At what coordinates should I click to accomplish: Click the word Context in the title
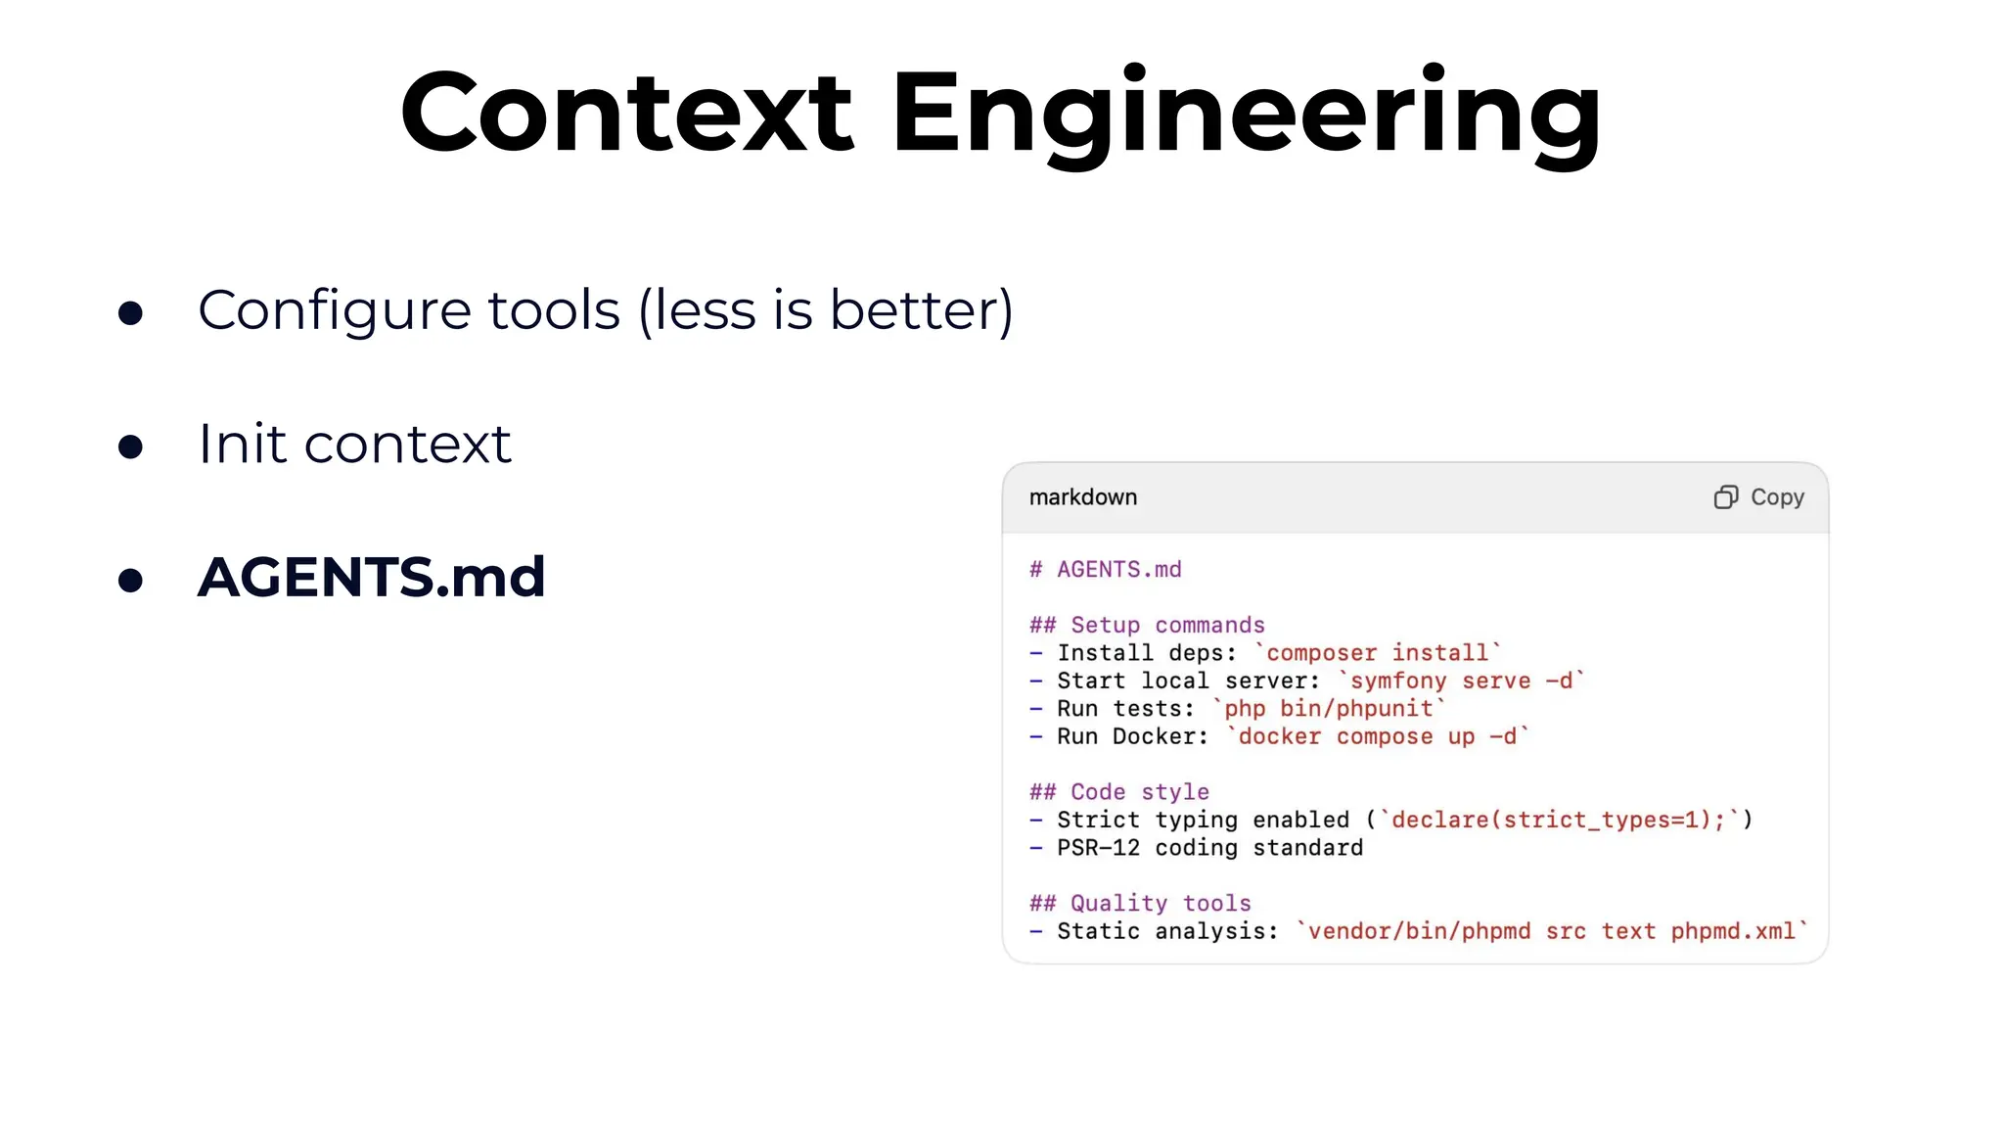(626, 113)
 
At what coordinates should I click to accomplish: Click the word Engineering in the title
(1246, 113)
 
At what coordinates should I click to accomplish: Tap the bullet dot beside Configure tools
(130, 313)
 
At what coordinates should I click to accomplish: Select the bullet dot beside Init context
(130, 446)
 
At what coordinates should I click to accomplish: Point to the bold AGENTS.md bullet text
(371, 577)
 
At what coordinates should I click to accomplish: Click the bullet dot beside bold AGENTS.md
(130, 580)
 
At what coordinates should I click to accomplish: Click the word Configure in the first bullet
(334, 311)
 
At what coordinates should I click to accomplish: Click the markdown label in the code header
(1082, 497)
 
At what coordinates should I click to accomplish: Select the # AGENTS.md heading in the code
(1105, 570)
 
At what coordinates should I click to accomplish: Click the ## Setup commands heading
(1147, 626)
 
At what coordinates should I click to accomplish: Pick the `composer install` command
(1377, 653)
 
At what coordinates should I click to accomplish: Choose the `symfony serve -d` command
(1460, 681)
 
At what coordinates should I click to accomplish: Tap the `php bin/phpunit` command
(1328, 709)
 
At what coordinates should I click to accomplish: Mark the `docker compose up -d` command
(1377, 737)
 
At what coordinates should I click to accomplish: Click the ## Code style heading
(1118, 792)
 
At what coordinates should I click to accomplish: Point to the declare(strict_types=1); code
(1558, 821)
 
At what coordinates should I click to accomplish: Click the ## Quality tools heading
(1140, 904)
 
